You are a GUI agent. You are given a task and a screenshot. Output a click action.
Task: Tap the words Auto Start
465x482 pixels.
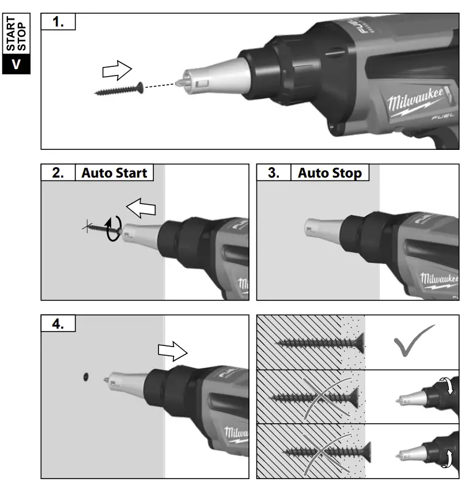point(114,172)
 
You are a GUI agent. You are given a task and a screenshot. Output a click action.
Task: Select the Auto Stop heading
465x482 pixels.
point(330,172)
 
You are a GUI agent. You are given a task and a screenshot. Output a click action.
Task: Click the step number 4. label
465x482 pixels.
point(58,323)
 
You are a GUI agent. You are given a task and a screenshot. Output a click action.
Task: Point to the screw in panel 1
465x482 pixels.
point(118,90)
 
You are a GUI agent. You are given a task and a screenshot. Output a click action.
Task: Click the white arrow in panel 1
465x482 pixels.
point(117,71)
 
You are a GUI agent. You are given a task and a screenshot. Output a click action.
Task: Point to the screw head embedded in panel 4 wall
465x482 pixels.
point(85,376)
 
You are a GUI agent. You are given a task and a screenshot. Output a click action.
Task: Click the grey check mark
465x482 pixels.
point(414,340)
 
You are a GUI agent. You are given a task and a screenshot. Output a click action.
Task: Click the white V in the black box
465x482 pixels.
point(16,63)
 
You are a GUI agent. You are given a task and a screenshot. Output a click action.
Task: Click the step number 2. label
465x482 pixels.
point(58,172)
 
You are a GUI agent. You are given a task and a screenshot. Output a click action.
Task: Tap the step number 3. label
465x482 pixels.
point(274,172)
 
